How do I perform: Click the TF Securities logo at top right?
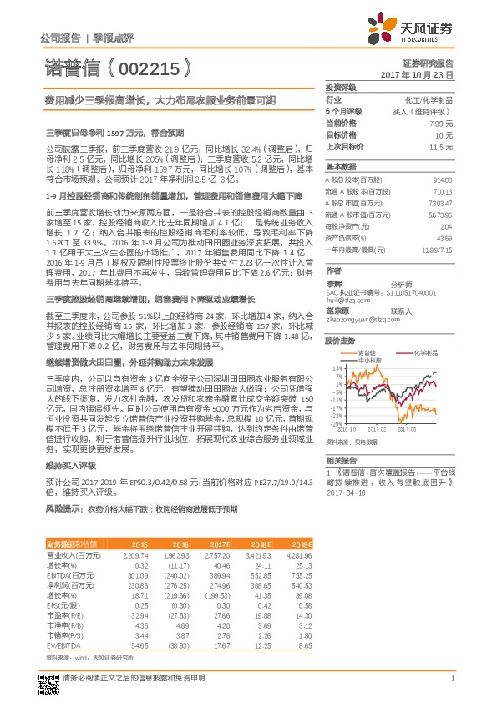pyautogui.click(x=413, y=31)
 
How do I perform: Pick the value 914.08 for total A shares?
pyautogui.click(x=442, y=179)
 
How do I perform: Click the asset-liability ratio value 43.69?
pyautogui.click(x=444, y=239)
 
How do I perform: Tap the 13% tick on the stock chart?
pyautogui.click(x=337, y=367)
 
